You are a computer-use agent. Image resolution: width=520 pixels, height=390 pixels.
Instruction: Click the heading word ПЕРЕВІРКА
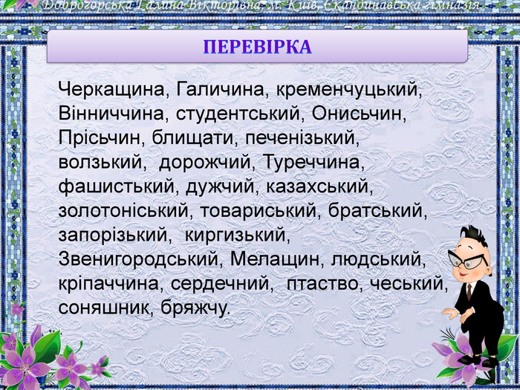pyautogui.click(x=257, y=47)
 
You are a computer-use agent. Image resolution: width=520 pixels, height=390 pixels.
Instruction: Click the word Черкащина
pyautogui.click(x=111, y=90)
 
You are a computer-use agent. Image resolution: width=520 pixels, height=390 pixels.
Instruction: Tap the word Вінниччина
pyautogui.click(x=111, y=114)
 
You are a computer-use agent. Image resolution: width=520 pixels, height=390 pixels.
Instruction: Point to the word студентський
pyautogui.click(x=238, y=114)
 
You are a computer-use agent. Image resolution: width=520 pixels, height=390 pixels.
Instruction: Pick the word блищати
pyautogui.click(x=192, y=138)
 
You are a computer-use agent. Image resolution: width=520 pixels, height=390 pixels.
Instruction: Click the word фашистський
pyautogui.click(x=117, y=186)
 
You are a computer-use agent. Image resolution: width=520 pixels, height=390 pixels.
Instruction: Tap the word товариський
pyautogui.click(x=258, y=211)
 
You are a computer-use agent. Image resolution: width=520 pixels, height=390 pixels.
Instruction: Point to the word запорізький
pyautogui.click(x=112, y=235)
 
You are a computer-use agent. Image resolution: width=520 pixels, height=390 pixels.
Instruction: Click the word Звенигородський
pyautogui.click(x=137, y=260)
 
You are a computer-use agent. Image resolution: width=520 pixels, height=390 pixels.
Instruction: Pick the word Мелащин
pyautogui.click(x=275, y=260)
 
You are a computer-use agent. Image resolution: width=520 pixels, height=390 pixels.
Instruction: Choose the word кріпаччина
pyautogui.click(x=108, y=284)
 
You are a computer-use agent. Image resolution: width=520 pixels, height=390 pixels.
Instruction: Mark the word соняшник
pyautogui.click(x=103, y=308)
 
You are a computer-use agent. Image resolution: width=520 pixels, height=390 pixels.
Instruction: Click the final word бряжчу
pyautogui.click(x=195, y=308)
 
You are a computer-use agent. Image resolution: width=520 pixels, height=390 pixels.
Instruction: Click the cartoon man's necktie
pyautogui.click(x=469, y=291)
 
